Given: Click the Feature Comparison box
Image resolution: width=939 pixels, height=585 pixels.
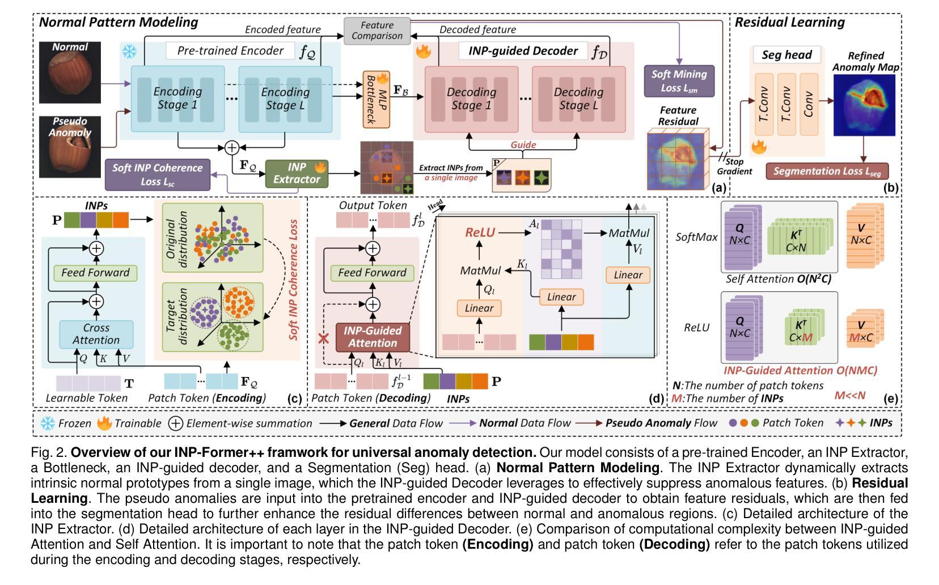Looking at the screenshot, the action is (x=377, y=31).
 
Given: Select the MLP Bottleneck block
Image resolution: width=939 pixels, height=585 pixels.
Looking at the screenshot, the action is (x=377, y=100).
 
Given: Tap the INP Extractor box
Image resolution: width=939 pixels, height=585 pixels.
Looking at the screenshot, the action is (x=297, y=173).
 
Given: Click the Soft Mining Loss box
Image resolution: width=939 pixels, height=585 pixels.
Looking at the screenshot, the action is (x=679, y=81).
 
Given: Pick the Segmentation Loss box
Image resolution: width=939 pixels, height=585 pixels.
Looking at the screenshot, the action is (x=827, y=171).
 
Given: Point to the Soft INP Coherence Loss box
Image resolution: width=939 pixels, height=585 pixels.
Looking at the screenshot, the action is (x=158, y=175).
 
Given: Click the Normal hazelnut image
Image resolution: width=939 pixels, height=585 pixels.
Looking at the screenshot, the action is (x=70, y=73).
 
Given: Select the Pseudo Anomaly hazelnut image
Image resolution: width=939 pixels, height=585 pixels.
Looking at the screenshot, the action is (x=70, y=147).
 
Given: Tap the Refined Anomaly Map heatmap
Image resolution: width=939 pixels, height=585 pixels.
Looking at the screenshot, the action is (x=864, y=105).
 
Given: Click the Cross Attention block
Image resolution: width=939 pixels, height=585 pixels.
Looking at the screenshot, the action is (x=96, y=334).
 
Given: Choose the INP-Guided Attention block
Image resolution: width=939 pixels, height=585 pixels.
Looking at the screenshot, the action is (x=373, y=337).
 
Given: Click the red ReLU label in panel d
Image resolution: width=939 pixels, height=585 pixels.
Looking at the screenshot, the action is (x=480, y=232).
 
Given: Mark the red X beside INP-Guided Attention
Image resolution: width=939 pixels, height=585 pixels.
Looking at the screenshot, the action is (x=323, y=338).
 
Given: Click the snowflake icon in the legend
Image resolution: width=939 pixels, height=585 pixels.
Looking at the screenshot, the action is (x=48, y=423).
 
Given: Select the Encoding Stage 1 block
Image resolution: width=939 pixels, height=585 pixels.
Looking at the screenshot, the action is (x=177, y=99).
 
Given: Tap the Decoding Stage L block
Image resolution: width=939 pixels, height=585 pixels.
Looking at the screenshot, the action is (x=579, y=99).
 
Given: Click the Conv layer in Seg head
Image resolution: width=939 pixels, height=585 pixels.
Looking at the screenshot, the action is (x=809, y=104).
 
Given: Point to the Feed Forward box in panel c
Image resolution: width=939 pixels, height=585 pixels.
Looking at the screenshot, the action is (x=96, y=273).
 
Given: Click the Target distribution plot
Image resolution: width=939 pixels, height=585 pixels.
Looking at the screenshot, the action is (x=213, y=317).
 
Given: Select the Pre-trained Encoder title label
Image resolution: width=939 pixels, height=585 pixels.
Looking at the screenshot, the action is (x=230, y=50).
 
